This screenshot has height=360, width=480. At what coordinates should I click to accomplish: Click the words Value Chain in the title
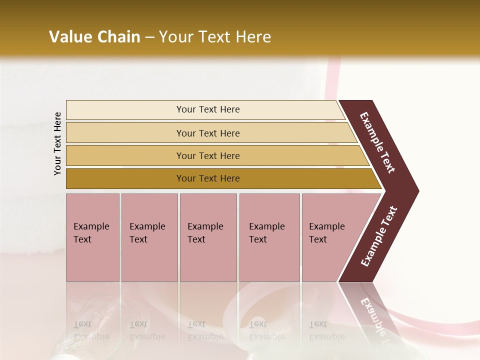(94, 37)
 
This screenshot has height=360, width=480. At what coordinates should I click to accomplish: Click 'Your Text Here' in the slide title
(215, 37)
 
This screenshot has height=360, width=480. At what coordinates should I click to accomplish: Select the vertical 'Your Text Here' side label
(57, 144)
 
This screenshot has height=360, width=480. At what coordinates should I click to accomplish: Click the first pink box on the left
(92, 237)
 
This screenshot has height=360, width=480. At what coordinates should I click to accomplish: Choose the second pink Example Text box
(149, 237)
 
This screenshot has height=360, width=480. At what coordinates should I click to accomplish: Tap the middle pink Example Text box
(208, 237)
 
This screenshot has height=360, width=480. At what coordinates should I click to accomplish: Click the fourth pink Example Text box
(269, 237)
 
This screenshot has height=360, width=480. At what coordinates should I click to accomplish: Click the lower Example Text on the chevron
(379, 236)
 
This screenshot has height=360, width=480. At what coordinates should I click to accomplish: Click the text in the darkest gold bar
(208, 178)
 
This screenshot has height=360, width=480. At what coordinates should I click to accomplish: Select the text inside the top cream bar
(208, 109)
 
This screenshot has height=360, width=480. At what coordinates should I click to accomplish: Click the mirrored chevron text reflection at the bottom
(372, 315)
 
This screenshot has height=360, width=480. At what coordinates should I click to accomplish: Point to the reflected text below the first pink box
(91, 330)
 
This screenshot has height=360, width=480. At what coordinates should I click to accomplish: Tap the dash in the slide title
(149, 37)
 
